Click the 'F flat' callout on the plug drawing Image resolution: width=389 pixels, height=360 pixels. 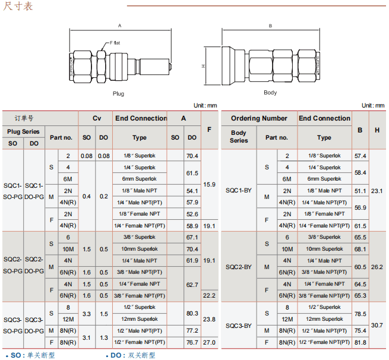(x=115, y=43)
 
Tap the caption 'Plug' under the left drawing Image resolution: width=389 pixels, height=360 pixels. (x=119, y=93)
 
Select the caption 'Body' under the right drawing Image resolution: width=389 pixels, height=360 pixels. (x=270, y=93)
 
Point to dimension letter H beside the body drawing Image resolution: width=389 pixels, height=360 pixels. (x=203, y=65)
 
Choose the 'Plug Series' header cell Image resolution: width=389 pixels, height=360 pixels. (x=23, y=131)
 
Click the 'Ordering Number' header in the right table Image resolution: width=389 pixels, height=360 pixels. (x=259, y=118)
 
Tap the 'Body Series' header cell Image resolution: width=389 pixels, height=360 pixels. (x=239, y=137)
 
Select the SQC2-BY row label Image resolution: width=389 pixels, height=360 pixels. (x=239, y=267)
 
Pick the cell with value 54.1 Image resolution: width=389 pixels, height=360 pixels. (x=192, y=191)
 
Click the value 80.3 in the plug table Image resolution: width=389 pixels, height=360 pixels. (x=192, y=313)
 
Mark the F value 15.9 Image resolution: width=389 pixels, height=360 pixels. (x=210, y=185)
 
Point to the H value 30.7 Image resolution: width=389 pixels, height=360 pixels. (x=377, y=325)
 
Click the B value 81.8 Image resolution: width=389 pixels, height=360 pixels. (x=360, y=342)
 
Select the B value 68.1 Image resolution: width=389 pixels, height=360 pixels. (x=360, y=249)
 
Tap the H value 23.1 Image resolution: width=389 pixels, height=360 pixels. (x=377, y=191)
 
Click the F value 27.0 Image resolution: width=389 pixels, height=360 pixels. (x=210, y=342)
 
